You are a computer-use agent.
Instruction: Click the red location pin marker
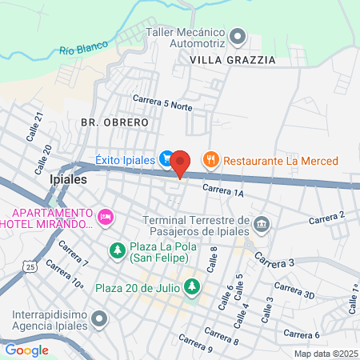click(180, 162)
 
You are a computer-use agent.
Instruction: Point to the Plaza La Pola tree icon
click(118, 251)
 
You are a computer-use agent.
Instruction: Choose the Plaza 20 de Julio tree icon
click(192, 286)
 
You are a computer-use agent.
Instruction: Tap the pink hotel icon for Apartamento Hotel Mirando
click(105, 217)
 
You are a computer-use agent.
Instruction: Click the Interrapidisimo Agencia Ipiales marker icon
click(99, 319)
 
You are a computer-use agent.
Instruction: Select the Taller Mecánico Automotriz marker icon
click(237, 36)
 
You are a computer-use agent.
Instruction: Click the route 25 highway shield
click(30, 266)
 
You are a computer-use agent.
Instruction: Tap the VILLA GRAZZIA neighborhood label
click(233, 60)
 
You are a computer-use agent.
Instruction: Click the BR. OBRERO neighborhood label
click(114, 122)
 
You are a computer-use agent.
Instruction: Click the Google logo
click(26, 350)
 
